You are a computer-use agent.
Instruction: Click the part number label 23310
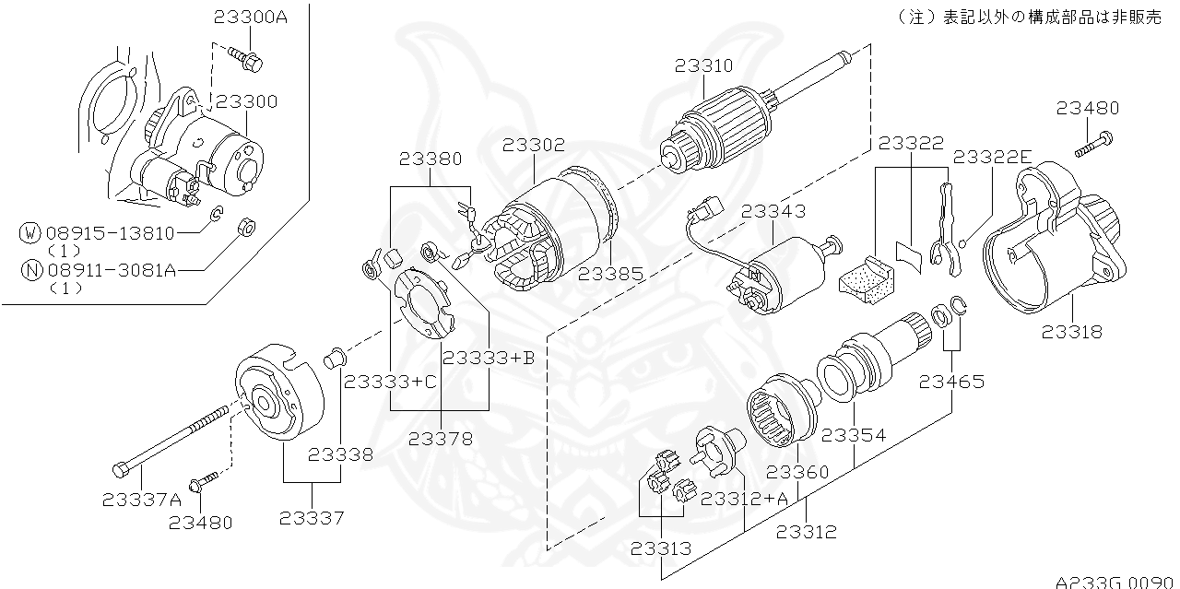tap(703, 66)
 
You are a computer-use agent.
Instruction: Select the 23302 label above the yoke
tap(535, 146)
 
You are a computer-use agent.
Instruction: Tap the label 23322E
tap(993, 157)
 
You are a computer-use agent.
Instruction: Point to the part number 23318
tap(1072, 332)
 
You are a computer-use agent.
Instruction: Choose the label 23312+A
tap(745, 499)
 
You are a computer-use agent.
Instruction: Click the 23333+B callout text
tap(489, 358)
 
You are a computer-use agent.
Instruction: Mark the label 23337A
tap(142, 500)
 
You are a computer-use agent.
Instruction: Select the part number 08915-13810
tap(110, 233)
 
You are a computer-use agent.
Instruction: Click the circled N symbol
tap(30, 270)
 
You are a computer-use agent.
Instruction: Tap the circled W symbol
tap(30, 233)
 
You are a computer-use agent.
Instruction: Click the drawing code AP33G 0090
tap(1115, 582)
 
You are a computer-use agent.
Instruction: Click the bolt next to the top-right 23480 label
tap(1094, 143)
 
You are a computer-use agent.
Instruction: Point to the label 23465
tap(950, 381)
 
